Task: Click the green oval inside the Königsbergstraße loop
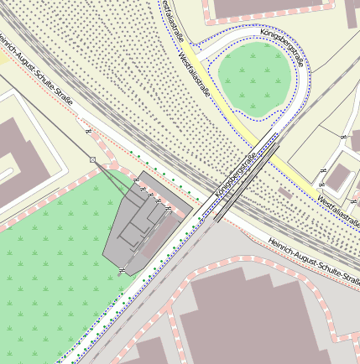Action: [257, 78]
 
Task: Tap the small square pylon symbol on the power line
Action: [93, 159]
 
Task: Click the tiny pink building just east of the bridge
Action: [285, 193]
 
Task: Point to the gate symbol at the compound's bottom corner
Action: [123, 270]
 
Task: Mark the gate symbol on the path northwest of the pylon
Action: [87, 130]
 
